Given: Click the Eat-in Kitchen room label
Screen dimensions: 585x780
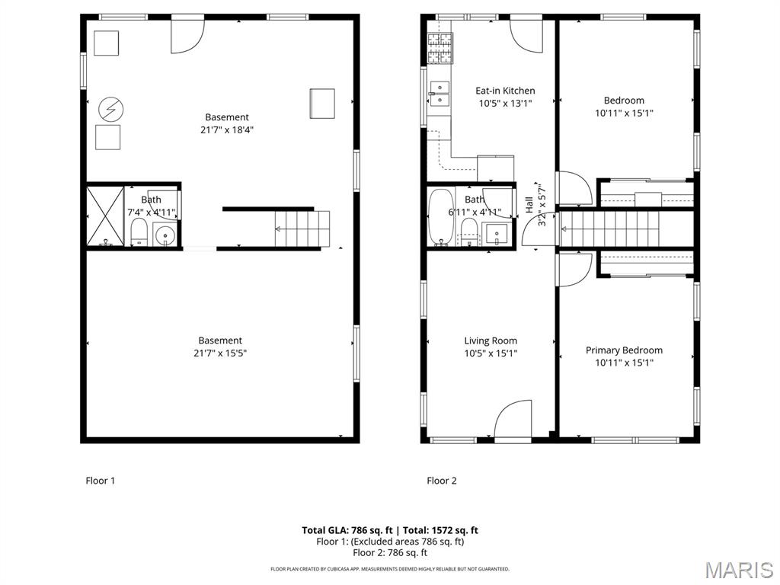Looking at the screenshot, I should (505, 91).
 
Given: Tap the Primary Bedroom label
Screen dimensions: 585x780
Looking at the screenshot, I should (624, 350).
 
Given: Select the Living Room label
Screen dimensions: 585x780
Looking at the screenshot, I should (491, 341).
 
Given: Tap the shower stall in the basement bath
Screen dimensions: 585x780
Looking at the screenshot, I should (104, 216).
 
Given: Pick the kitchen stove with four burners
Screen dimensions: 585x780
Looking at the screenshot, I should (440, 46).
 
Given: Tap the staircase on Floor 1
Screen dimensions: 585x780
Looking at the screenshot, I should (302, 229).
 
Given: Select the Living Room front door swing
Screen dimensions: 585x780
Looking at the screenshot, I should (513, 419).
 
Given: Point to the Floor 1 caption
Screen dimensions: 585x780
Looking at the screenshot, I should (100, 481).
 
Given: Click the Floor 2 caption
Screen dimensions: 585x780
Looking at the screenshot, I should (442, 481).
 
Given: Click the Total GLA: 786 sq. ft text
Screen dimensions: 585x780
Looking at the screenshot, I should (346, 530).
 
